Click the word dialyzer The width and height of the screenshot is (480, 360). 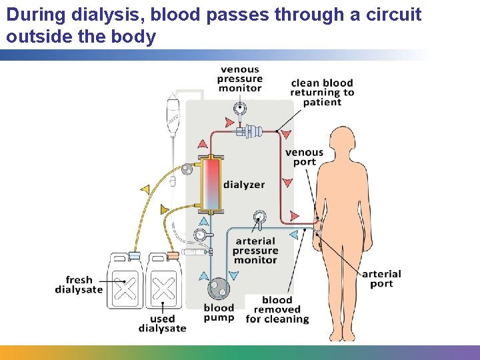244,185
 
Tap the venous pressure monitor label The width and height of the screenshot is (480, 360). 240,79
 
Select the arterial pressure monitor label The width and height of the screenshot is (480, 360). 255,251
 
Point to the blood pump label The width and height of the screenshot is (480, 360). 219,313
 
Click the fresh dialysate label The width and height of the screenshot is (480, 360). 79,285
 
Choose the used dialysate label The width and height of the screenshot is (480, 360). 162,324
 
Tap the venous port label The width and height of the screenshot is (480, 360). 304,157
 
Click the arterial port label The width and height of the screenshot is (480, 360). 381,279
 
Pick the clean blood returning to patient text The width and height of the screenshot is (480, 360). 322,93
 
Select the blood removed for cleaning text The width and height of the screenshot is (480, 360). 277,310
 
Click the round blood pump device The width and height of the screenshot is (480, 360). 218,289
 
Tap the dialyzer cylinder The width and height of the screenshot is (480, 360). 211,183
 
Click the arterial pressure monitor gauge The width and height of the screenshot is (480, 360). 259,217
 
